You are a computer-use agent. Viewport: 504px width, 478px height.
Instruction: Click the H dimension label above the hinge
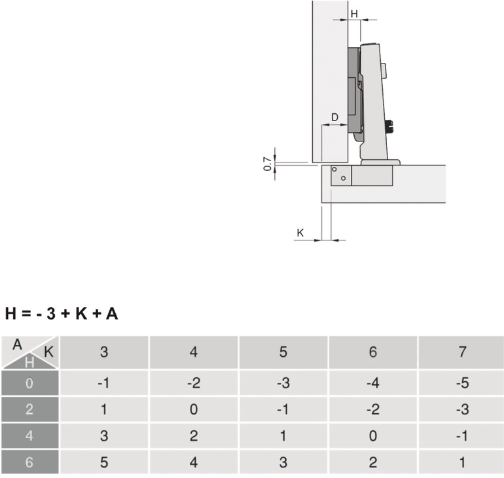354,14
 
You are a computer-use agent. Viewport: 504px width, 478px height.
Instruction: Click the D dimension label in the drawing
335,117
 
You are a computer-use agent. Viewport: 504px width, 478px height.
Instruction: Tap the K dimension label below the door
300,232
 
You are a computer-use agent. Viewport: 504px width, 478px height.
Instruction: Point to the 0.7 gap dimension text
268,164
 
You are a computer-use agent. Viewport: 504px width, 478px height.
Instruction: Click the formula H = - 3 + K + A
62,314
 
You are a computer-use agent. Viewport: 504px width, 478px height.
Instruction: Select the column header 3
104,352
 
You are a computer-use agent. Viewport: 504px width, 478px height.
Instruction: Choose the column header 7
463,352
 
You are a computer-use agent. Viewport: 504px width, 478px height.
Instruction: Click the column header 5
283,352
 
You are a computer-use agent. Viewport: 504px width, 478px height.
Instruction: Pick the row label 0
29,383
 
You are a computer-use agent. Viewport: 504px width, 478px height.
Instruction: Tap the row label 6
29,462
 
